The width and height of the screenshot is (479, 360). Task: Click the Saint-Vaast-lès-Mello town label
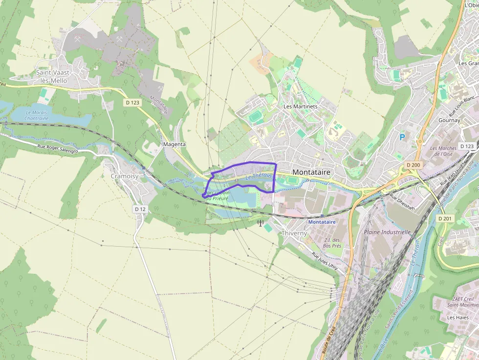(x=54, y=77)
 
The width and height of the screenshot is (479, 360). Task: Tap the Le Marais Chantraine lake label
(x=37, y=115)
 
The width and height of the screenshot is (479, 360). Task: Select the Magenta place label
(x=174, y=145)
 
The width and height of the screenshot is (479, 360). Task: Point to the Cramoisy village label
(x=122, y=176)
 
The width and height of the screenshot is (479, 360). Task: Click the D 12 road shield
(x=140, y=209)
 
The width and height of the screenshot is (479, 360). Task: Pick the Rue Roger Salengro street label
(x=58, y=148)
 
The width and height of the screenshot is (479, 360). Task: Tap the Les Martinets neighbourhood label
(x=301, y=106)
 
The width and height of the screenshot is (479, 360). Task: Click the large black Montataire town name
(x=311, y=172)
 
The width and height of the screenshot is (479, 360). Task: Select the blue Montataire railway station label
(x=322, y=222)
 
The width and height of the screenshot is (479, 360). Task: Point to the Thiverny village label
(x=294, y=233)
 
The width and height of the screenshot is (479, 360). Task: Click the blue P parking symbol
(x=402, y=138)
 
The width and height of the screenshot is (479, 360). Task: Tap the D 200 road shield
(x=413, y=165)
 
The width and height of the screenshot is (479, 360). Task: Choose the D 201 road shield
(x=445, y=218)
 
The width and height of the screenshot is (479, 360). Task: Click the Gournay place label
(x=449, y=120)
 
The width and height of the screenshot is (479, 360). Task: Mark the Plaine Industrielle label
(x=387, y=232)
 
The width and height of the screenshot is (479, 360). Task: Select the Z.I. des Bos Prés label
(x=331, y=242)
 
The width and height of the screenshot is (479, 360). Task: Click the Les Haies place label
(x=457, y=318)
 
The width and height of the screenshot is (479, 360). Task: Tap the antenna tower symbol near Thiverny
(x=261, y=224)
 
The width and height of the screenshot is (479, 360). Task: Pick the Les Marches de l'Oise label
(x=443, y=151)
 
